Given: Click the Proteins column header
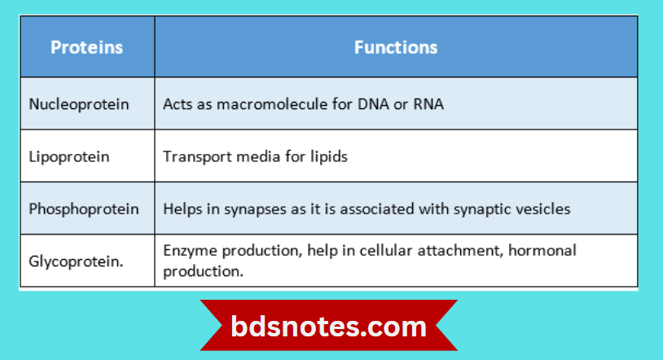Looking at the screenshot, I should pyautogui.click(x=86, y=47).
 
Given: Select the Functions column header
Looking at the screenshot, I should pyautogui.click(x=396, y=47).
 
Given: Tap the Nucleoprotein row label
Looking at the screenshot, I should pyautogui.click(x=79, y=104).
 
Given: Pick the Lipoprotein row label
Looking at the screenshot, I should pyautogui.click(x=68, y=156).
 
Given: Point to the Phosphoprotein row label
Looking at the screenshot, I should pyautogui.click(x=84, y=209).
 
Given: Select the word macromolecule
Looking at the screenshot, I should pyautogui.click(x=270, y=104).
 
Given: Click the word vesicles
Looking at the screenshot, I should pyautogui.click(x=542, y=209).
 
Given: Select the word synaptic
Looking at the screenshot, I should pyautogui.click(x=481, y=209).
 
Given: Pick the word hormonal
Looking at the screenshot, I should pyautogui.click(x=542, y=251).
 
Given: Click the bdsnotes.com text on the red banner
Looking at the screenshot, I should pyautogui.click(x=328, y=327).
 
